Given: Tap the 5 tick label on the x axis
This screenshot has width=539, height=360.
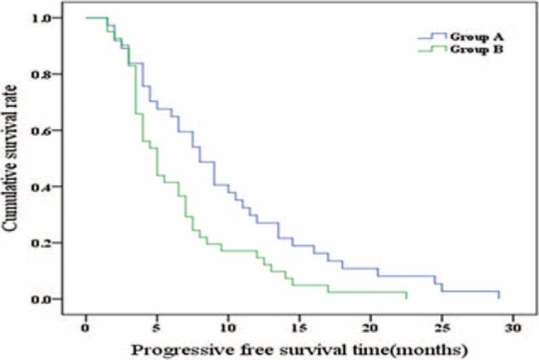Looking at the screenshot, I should click(157, 328).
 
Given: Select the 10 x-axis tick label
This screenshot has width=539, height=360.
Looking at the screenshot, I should click(228, 328).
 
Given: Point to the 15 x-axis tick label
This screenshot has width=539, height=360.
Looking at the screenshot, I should click(299, 328).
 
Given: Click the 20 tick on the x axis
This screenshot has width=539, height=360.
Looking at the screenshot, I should click(371, 328).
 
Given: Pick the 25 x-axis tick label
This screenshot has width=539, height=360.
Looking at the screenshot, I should click(441, 328).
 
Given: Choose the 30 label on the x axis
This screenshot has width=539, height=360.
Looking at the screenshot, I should click(512, 328).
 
